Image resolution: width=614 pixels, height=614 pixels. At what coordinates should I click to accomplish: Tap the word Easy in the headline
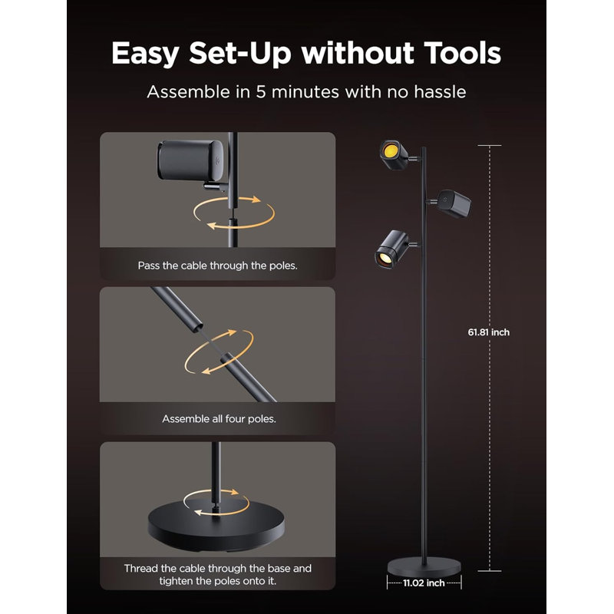point(145,54)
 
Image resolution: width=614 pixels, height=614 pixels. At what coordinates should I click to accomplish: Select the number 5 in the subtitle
point(260,92)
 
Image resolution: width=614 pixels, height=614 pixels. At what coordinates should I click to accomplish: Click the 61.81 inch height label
point(489,332)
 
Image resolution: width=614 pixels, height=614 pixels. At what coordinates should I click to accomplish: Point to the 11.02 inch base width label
point(424,583)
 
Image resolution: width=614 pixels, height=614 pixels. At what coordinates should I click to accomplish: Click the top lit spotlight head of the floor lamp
point(394,155)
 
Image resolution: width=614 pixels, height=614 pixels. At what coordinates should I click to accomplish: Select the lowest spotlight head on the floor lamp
point(392,249)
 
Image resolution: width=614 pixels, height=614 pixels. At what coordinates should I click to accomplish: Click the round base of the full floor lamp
point(424,567)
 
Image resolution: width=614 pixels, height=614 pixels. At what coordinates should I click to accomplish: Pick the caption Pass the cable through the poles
point(218,266)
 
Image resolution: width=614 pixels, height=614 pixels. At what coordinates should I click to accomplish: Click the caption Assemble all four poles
point(219,419)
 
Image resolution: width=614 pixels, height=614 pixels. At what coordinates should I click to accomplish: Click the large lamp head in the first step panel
point(190,160)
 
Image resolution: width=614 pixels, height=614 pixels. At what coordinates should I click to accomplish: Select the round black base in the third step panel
point(216,526)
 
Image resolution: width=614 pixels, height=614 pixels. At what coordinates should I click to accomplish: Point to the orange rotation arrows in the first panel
point(234,213)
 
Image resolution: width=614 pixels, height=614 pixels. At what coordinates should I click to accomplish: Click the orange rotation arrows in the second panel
point(219,352)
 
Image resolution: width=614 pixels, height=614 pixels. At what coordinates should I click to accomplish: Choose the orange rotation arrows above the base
point(216,502)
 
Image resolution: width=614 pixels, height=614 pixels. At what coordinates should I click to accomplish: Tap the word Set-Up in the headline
point(240,54)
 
